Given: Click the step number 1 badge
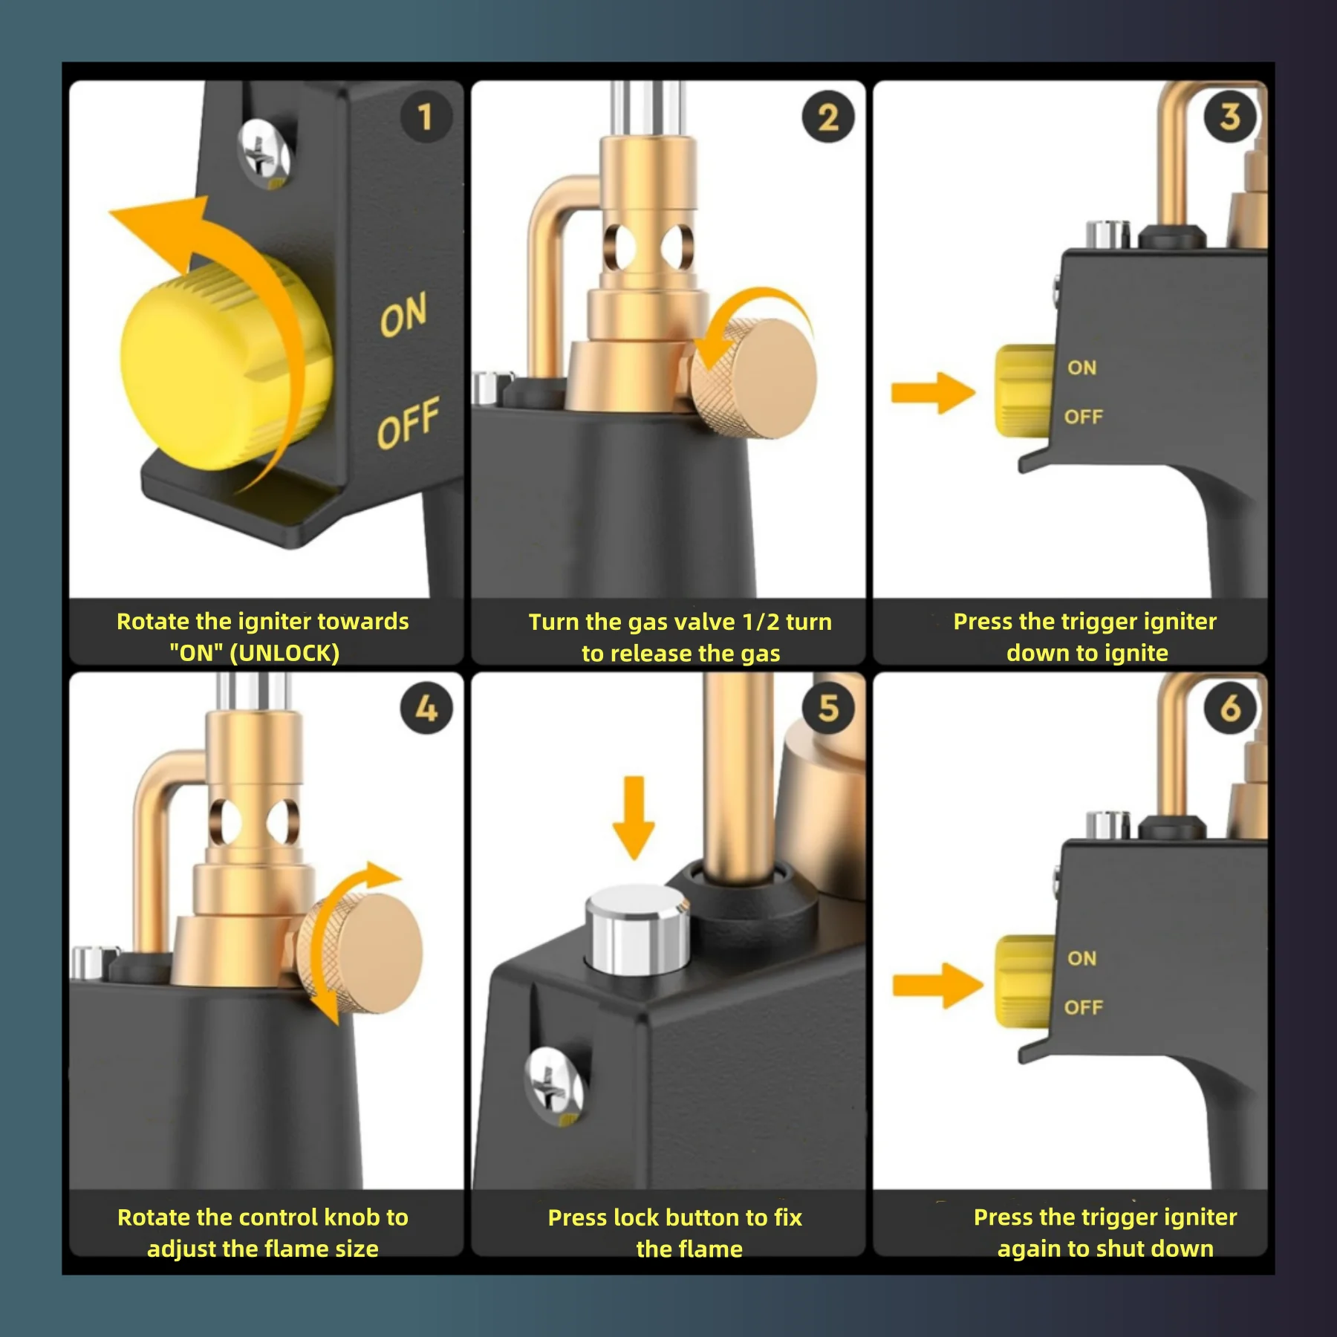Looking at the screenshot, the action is [426, 117].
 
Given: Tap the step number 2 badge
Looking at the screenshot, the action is [828, 117].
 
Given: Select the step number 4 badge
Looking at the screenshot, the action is [426, 708].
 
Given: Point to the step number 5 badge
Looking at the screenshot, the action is [828, 708].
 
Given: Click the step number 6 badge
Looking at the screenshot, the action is [1230, 708].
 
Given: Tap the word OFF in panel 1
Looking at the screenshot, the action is [408, 423].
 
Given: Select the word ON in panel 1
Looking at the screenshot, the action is [403, 314].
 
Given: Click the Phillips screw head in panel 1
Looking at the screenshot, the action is [263, 153].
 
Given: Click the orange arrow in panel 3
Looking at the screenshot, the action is [933, 391].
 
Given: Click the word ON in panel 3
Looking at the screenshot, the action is [1081, 368].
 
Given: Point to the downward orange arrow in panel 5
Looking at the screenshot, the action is [634, 818].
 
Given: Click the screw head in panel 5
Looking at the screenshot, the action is [553, 1084].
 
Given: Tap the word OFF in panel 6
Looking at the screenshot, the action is [1084, 1007].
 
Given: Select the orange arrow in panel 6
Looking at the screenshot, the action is [937, 986].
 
